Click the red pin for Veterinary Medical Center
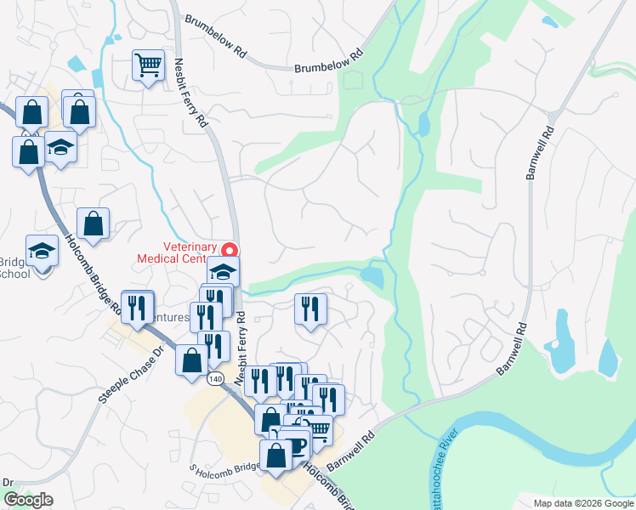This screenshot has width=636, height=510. tap(229, 250)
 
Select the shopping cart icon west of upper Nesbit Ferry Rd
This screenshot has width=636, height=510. tap(148, 66)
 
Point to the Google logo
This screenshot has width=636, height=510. tap(28, 500)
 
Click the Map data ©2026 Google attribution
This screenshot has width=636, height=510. tap(583, 503)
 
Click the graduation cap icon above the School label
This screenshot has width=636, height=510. tap(42, 251)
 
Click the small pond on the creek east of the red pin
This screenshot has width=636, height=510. tap(372, 276)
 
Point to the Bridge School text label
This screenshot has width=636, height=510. tap(14, 268)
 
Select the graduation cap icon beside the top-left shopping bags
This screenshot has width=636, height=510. tap(60, 146)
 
